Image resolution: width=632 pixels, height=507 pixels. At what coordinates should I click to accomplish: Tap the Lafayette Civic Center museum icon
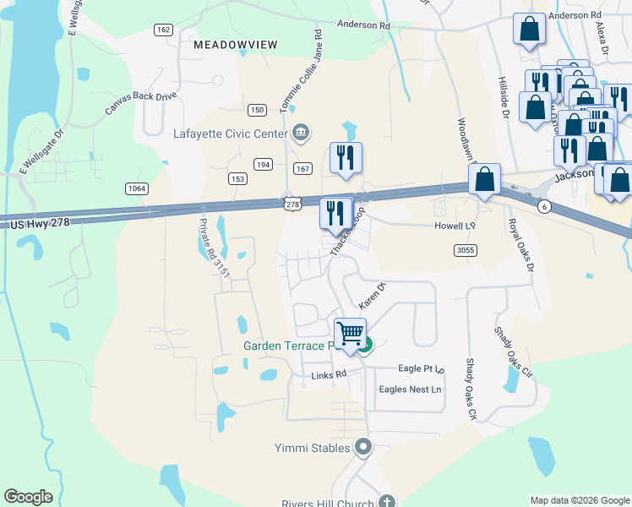tap(301, 132)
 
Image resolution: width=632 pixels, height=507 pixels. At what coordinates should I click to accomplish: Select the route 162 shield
tap(163, 30)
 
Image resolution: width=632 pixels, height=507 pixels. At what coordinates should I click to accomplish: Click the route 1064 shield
tap(135, 188)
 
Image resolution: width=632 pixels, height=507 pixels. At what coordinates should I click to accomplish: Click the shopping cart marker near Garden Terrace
tap(350, 333)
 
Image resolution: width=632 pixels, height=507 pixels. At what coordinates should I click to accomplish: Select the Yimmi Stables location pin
tap(364, 446)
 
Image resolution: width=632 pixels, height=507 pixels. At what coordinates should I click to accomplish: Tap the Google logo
tap(28, 497)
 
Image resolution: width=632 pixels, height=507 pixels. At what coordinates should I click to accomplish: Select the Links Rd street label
tap(330, 374)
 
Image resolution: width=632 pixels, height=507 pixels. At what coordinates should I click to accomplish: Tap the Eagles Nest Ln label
tap(411, 390)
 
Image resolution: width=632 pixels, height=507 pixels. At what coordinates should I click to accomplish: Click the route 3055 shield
tap(464, 250)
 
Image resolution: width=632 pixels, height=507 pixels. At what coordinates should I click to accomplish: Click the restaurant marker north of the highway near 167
tap(346, 158)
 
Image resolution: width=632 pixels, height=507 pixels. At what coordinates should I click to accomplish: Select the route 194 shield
tap(264, 164)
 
